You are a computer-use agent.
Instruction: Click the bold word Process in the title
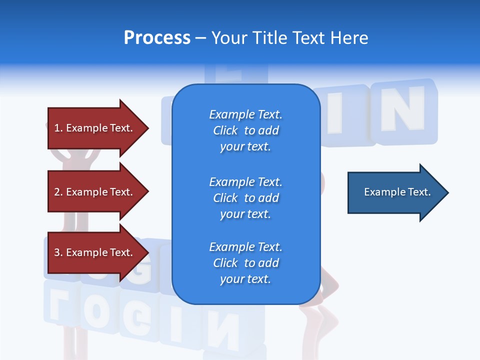pyautogui.click(x=157, y=38)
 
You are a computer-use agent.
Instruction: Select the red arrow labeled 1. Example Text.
pyautogui.click(x=97, y=128)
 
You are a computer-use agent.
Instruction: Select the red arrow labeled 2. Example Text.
pyautogui.click(x=97, y=192)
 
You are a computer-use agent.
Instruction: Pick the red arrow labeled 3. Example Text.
pyautogui.click(x=97, y=252)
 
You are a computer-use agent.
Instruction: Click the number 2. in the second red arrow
pyautogui.click(x=58, y=192)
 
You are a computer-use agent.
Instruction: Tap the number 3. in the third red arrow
pyautogui.click(x=58, y=252)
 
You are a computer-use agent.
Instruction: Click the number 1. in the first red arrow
pyautogui.click(x=58, y=128)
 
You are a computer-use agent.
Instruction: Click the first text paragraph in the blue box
pyautogui.click(x=245, y=130)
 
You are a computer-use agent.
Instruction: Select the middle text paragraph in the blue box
pyautogui.click(x=245, y=198)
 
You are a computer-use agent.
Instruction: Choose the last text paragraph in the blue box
pyautogui.click(x=245, y=263)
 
